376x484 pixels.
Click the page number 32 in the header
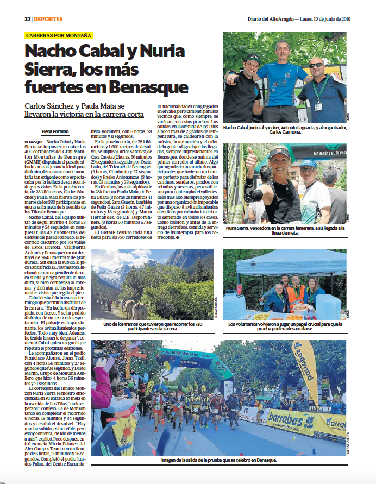27,18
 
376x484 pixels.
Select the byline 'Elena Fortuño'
55,131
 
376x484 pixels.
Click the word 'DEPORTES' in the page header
47,18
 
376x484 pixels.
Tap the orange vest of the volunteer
296,297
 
